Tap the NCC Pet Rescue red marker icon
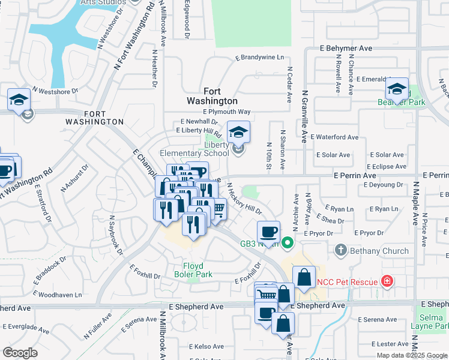(x=387, y=281)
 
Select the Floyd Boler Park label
(x=193, y=270)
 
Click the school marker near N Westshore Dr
(x=19, y=100)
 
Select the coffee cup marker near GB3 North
(x=268, y=232)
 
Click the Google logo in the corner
(x=20, y=352)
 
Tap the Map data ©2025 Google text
(x=411, y=355)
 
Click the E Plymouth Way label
(x=227, y=112)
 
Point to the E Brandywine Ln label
(x=259, y=58)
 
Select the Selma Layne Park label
(x=431, y=321)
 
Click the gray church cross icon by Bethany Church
(x=340, y=249)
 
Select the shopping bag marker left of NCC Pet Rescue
(x=304, y=278)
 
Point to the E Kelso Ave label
(x=206, y=346)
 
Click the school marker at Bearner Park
(x=397, y=90)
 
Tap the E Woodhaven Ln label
(x=58, y=295)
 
